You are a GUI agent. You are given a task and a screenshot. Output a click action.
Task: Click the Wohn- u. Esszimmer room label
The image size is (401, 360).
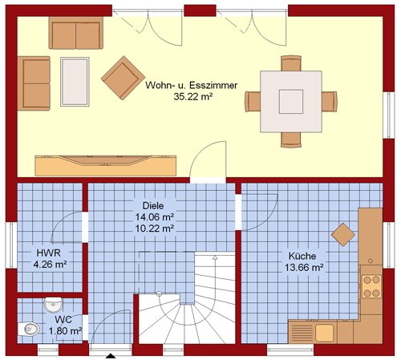(x=192, y=86)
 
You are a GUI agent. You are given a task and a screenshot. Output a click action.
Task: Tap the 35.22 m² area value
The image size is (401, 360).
(x=193, y=96)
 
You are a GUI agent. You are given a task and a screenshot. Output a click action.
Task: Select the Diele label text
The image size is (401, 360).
(x=153, y=206)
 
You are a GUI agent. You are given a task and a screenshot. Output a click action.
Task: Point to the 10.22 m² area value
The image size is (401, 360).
(x=155, y=229)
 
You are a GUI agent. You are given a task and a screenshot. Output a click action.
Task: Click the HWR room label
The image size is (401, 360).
(x=49, y=253)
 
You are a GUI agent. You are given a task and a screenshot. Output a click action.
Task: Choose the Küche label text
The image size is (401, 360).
(x=302, y=256)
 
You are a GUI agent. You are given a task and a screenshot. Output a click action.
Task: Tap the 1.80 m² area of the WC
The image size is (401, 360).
(x=65, y=331)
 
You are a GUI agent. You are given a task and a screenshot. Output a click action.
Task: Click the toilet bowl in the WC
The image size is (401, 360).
(x=29, y=329)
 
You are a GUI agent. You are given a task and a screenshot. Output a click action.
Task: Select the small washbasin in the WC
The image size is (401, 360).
(x=54, y=305)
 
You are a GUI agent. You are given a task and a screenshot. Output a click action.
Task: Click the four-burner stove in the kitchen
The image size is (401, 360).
(x=372, y=286)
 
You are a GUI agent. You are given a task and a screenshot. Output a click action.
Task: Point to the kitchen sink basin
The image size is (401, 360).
(x=324, y=333)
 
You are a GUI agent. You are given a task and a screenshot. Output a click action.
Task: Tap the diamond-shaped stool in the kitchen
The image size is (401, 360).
(x=343, y=235)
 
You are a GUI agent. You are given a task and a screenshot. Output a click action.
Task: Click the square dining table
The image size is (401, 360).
(x=291, y=102)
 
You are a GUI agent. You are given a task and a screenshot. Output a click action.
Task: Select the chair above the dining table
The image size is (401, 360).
(x=291, y=63)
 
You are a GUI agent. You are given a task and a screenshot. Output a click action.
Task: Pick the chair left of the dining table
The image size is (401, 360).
(x=253, y=102)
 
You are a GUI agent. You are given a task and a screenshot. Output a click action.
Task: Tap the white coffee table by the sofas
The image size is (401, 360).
(x=75, y=82)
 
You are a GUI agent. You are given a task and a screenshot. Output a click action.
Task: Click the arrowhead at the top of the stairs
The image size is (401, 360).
(x=215, y=257)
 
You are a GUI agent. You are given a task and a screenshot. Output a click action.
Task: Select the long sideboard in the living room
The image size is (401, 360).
(x=106, y=165)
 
